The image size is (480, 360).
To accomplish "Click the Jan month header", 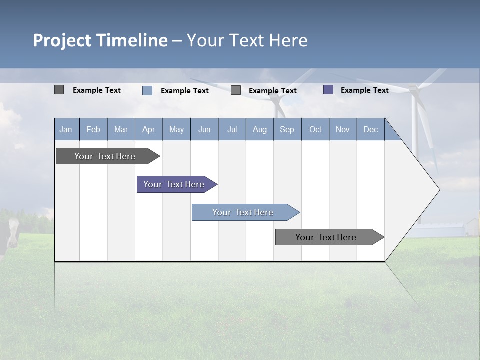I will click(x=66, y=129).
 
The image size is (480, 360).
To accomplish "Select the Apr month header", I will click(x=148, y=129).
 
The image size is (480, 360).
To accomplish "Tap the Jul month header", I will click(x=232, y=129).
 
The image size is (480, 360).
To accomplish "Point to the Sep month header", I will click(x=287, y=129).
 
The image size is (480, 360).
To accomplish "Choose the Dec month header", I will click(x=370, y=129).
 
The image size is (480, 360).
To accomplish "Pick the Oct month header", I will click(x=315, y=129).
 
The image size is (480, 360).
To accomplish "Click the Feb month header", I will click(x=93, y=129).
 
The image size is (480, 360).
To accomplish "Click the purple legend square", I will click(x=328, y=90).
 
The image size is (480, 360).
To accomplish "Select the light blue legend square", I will click(x=147, y=90).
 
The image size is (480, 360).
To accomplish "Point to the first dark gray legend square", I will click(x=59, y=90).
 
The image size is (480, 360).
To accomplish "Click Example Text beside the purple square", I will click(x=364, y=90).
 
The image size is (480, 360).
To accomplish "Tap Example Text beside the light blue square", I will click(x=184, y=91).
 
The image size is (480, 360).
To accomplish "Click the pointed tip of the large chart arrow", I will click(x=438, y=190).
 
